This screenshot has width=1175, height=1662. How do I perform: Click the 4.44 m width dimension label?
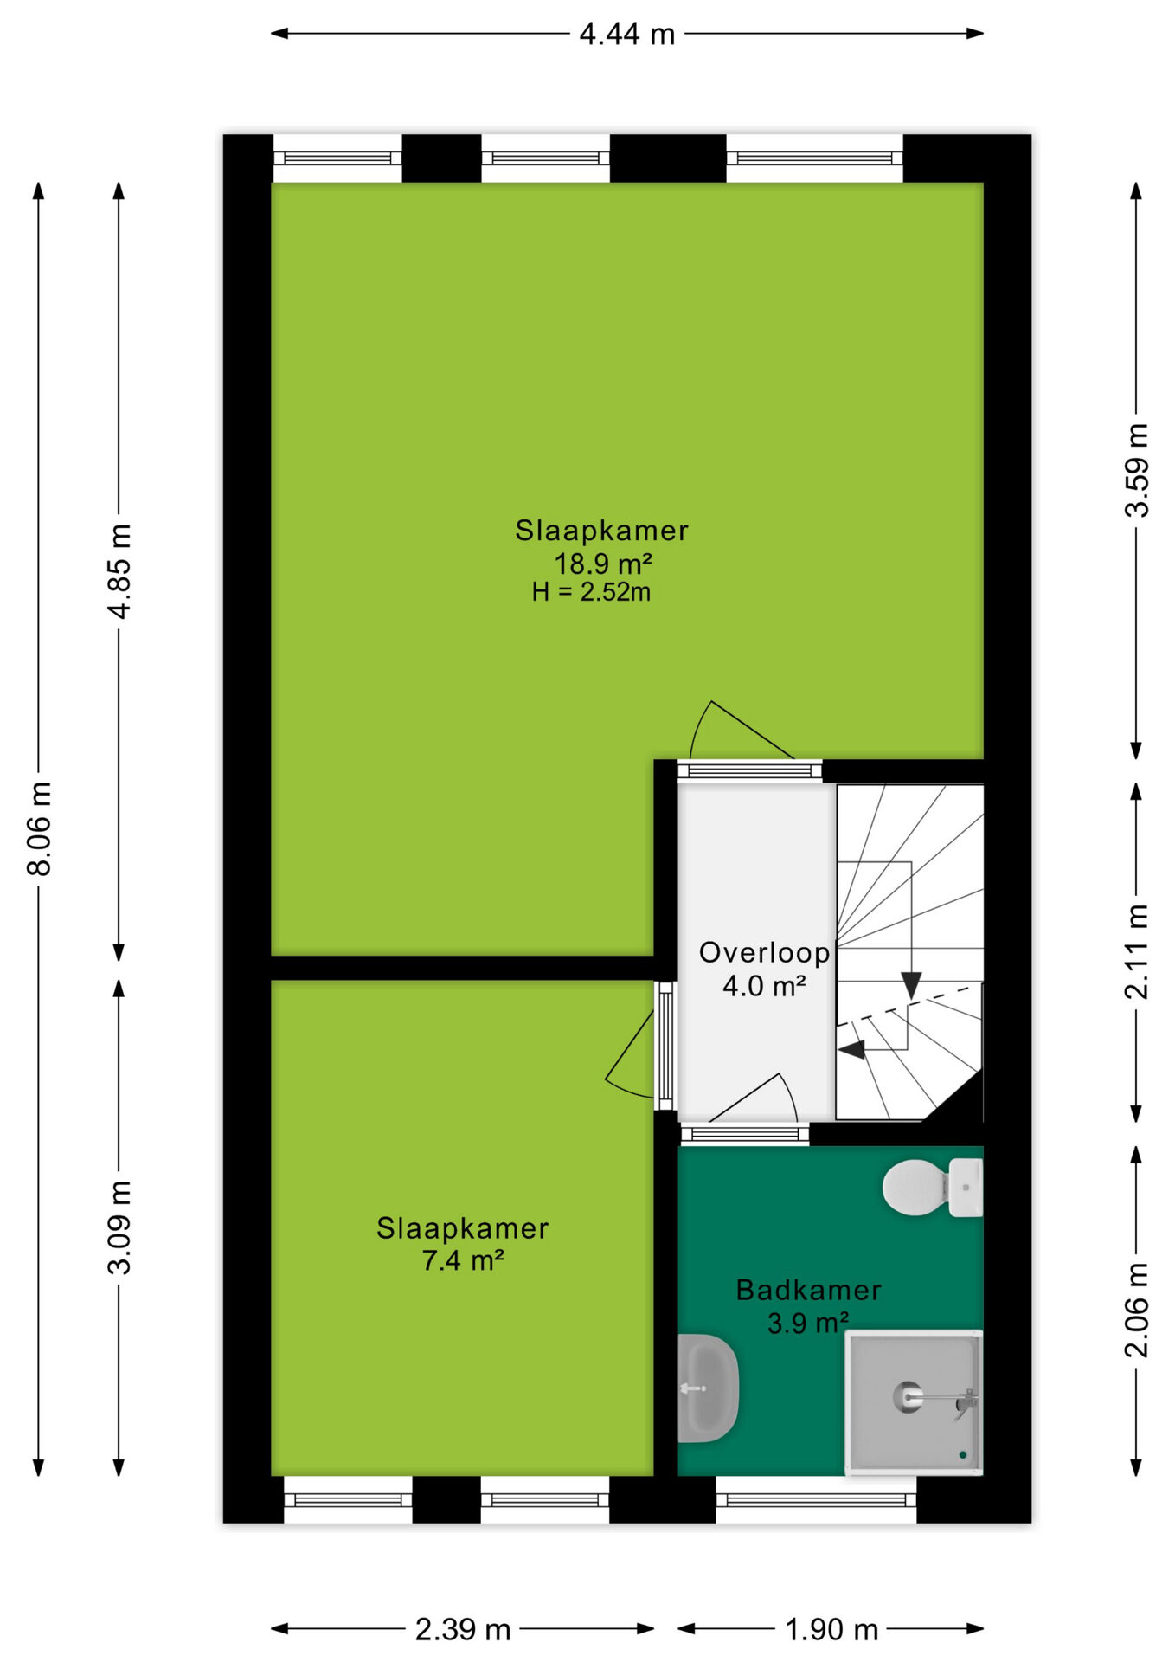pos(626,35)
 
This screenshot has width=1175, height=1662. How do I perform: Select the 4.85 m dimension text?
pos(120,571)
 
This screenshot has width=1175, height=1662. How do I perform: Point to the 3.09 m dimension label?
pos(120,1227)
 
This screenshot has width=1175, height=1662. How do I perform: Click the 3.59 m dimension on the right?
pos(1137,470)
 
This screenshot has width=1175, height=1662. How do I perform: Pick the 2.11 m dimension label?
pos(1137,951)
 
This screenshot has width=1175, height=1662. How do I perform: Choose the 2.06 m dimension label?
pos(1137,1310)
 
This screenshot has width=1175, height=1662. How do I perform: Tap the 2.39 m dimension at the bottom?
pos(463,1630)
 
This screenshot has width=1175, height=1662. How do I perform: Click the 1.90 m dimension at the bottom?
pos(831,1630)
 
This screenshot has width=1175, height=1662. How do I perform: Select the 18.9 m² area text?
pos(602,564)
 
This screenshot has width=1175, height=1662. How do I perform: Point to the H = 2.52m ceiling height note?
pos(591,592)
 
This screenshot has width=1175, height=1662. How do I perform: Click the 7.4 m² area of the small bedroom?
pos(463,1260)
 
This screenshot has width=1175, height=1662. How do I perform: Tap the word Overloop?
pos(765,952)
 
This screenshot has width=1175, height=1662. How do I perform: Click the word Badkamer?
pos(809,1290)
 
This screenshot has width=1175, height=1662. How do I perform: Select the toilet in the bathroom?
pos(933,1188)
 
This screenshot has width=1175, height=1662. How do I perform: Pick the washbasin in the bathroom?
pos(707,1388)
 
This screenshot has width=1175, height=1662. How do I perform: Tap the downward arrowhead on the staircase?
pos(911,985)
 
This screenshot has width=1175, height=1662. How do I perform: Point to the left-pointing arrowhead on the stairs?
pos(852,1050)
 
